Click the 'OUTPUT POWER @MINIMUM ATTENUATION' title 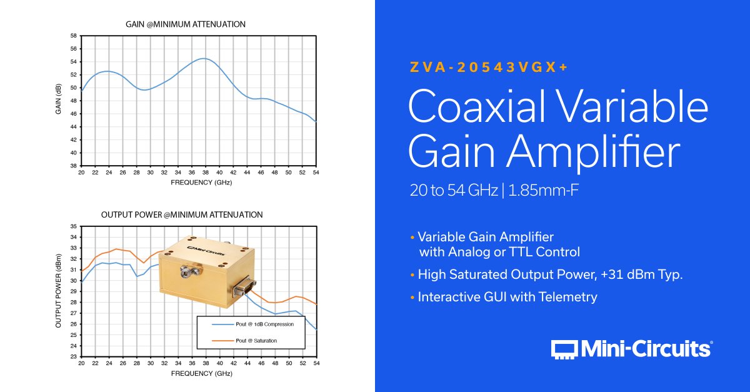[x=182, y=214]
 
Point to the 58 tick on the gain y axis [x=73, y=36]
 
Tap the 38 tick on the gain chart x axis [x=205, y=173]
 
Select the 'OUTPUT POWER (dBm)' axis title [x=58, y=291]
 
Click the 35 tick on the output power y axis [x=73, y=226]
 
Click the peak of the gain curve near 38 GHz [x=204, y=59]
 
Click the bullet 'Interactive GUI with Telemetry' [x=507, y=297]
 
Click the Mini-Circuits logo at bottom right [x=631, y=349]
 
